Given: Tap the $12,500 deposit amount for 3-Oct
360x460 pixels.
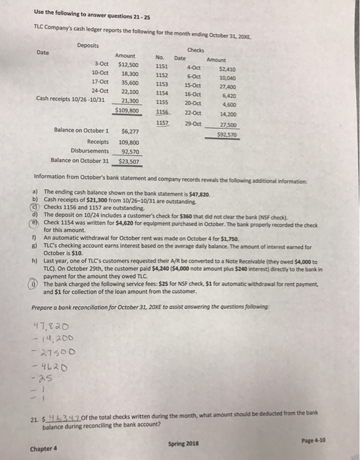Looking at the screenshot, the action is pos(126,64).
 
